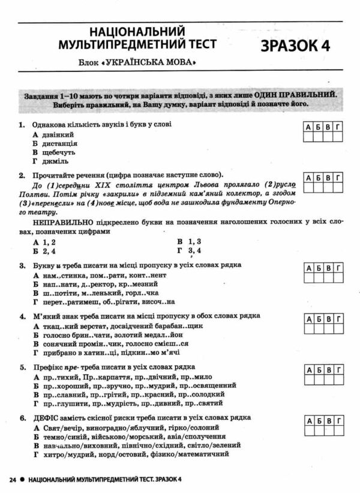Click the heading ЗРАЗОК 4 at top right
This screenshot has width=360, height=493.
[296, 46]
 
